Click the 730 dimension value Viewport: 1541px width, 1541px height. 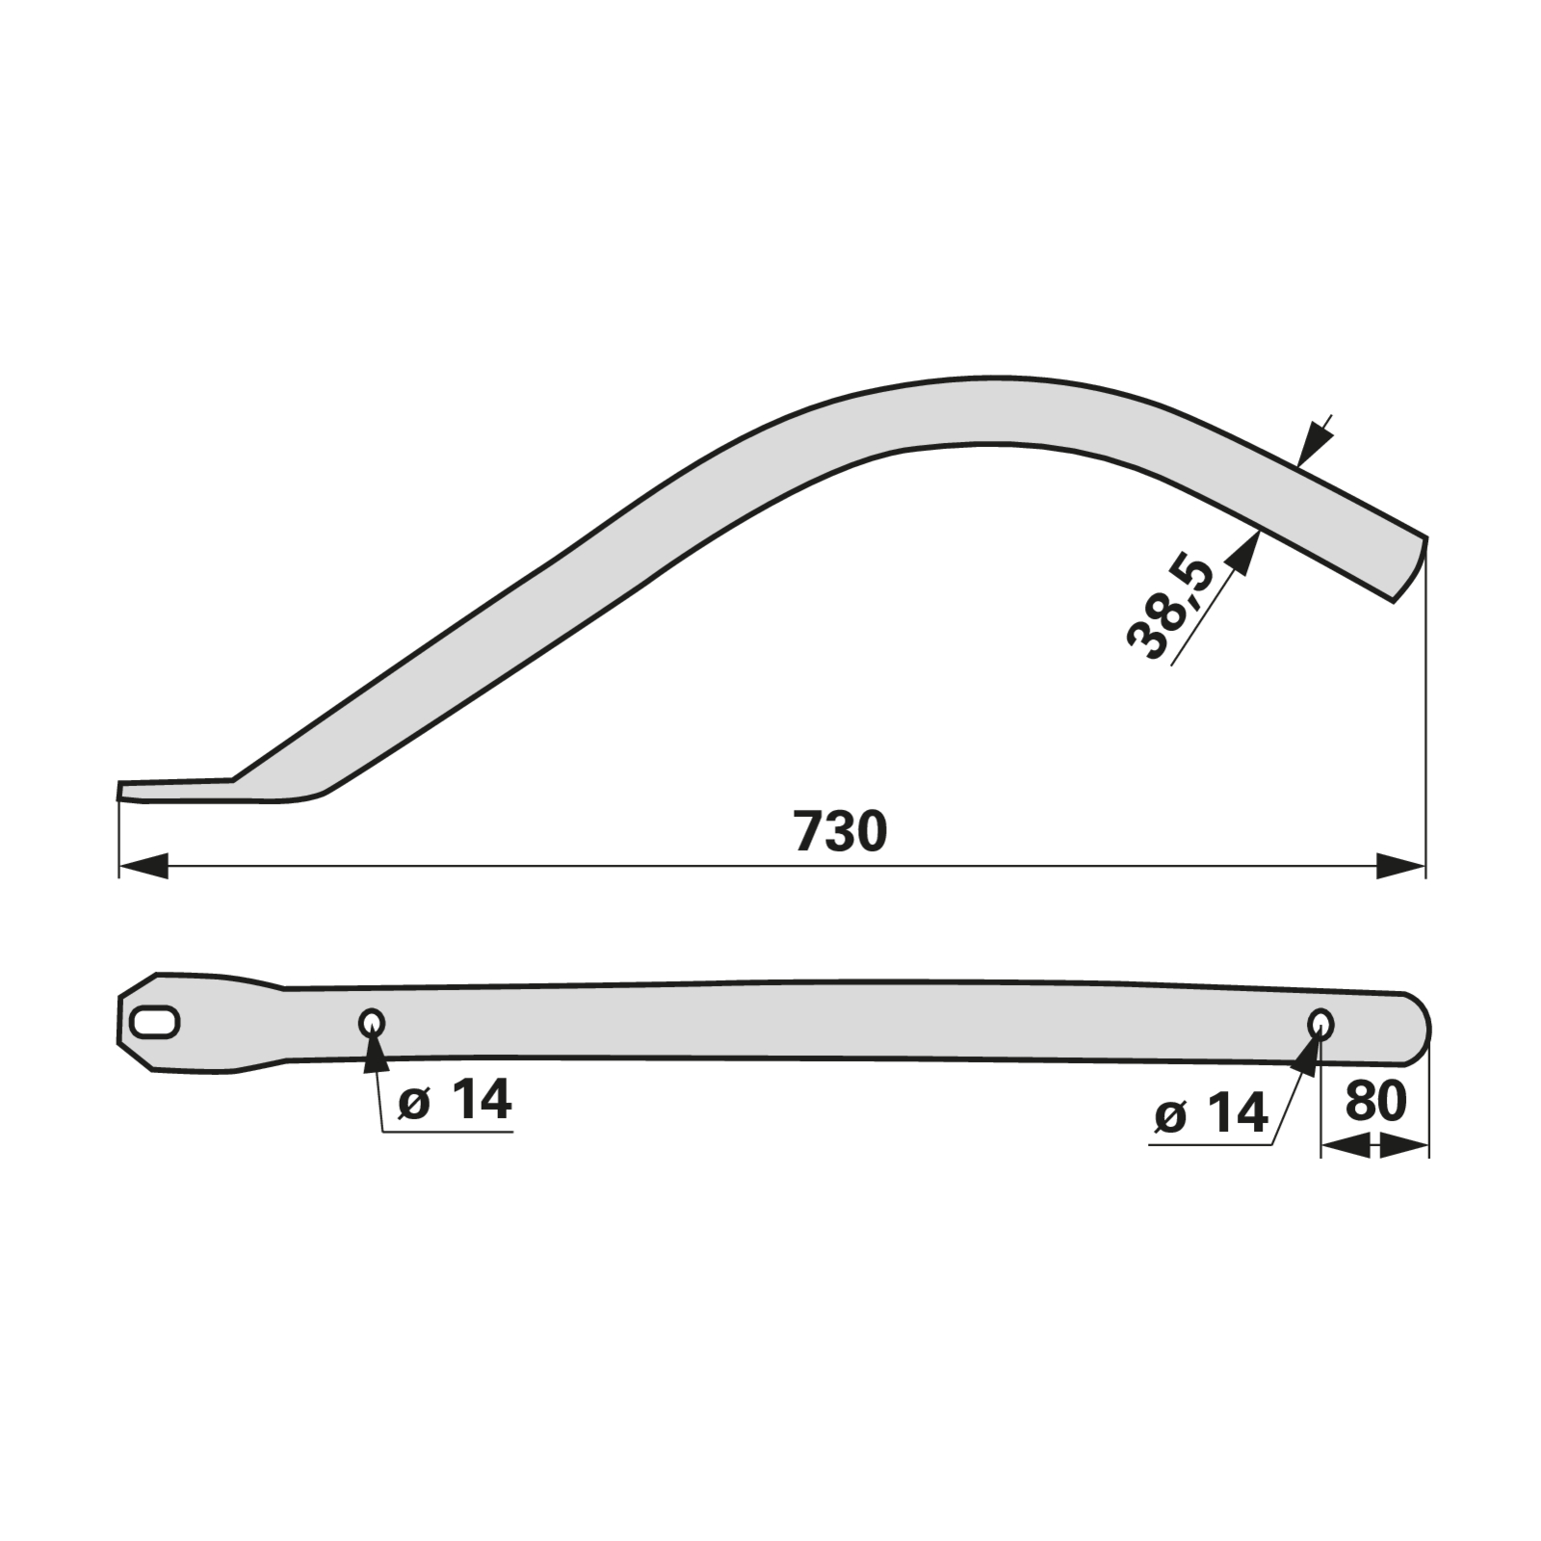pos(840,831)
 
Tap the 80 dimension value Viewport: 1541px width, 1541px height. pos(1375,1101)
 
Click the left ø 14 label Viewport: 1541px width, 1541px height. pos(455,1100)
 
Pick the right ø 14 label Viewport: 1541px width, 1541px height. pos(1211,1114)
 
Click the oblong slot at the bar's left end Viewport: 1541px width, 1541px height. pos(155,1022)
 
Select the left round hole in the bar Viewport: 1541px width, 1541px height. pos(372,1023)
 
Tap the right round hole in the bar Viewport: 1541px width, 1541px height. pos(1321,1024)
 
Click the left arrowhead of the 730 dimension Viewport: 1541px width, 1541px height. pos(143,865)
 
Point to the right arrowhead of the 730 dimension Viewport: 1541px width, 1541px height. pos(1400,865)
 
